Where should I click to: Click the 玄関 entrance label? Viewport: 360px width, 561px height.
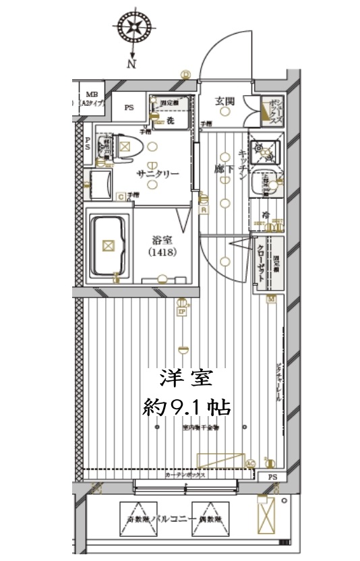point(224,101)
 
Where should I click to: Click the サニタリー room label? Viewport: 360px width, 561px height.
point(158,174)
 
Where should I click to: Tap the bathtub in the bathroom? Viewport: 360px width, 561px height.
point(109,246)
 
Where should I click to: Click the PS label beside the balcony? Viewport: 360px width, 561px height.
point(272,477)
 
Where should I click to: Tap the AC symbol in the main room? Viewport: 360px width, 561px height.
point(251,463)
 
